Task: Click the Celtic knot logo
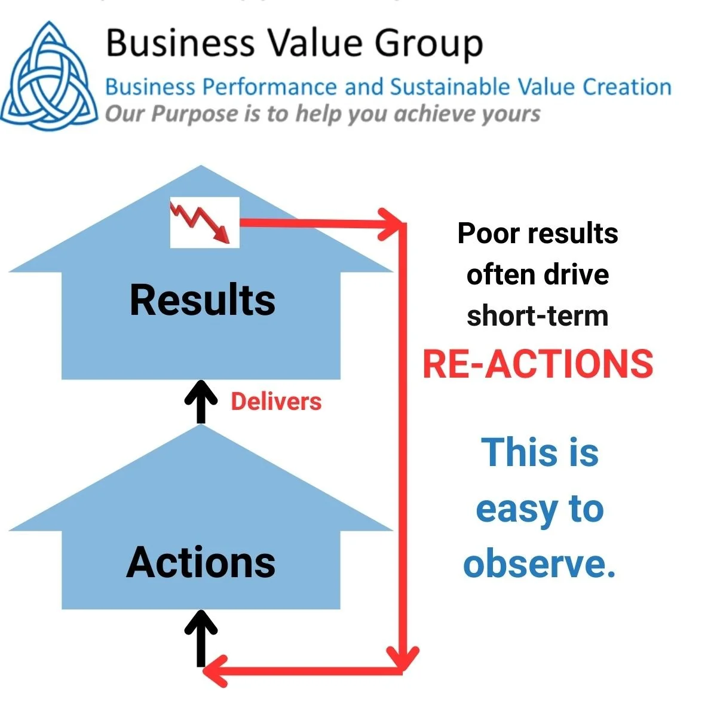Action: (x=49, y=75)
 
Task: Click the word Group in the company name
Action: (x=428, y=44)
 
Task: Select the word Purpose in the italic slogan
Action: (x=194, y=114)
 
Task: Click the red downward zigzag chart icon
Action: (x=204, y=222)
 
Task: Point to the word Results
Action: (x=203, y=300)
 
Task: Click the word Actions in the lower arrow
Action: (x=201, y=563)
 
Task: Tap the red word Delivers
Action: (x=276, y=402)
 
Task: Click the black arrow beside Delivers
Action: (x=201, y=402)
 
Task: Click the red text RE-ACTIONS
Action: (x=538, y=364)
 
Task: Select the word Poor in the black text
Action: (x=486, y=233)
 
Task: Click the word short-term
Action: (x=537, y=316)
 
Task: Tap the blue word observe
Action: (x=539, y=563)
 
